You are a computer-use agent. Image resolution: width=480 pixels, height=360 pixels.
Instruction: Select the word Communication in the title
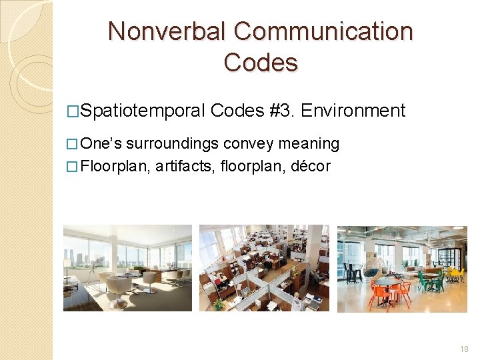pos(324,31)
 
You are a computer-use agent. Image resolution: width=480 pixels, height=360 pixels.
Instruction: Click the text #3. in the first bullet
pos(283,110)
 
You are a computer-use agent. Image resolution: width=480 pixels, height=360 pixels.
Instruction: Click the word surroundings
pos(175,144)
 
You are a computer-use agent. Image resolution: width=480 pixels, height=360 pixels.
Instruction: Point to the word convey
pos(249,144)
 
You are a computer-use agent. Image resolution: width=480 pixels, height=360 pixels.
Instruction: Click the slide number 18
pos(464,349)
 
